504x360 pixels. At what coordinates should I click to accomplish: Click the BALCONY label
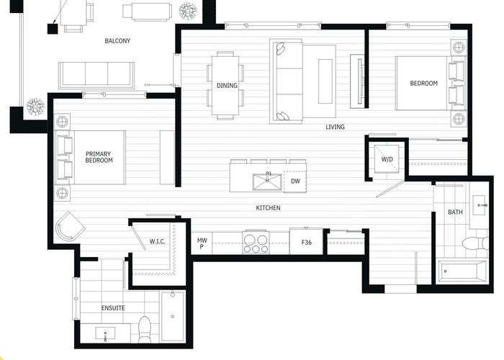117,41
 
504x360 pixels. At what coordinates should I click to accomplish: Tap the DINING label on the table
227,86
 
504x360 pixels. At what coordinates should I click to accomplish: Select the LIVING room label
335,127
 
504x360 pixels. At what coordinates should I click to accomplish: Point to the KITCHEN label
268,208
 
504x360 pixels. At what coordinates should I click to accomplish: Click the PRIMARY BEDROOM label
99,157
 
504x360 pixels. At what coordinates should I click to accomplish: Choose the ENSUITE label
113,308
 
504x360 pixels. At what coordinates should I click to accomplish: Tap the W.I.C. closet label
158,241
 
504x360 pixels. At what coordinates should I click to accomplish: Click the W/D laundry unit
387,159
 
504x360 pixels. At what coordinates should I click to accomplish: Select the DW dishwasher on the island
295,181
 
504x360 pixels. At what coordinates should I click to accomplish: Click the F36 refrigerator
306,242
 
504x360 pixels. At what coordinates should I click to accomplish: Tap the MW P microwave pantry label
202,243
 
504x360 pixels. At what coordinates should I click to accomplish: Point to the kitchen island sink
267,181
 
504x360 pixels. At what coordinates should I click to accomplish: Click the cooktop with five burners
256,243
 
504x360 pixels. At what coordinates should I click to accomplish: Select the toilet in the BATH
475,243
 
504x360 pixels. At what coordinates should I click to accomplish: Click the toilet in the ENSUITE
144,330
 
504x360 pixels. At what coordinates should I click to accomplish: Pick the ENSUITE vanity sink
105,334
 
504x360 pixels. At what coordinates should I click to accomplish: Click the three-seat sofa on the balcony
96,75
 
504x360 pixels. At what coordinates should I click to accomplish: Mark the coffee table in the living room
325,81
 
